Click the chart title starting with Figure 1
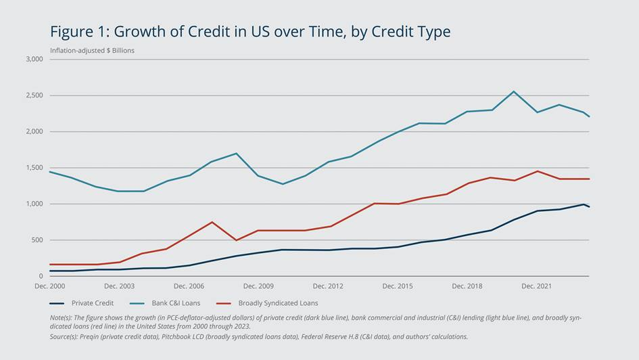(x=250, y=31)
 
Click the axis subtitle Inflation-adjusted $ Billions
(x=92, y=51)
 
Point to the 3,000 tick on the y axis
(x=34, y=60)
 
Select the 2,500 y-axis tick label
(x=34, y=95)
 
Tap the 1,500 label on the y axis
(x=34, y=168)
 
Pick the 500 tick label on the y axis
(x=37, y=240)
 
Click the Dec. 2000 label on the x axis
(x=49, y=286)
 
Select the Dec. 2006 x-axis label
(x=189, y=286)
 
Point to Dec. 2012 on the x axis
(x=328, y=286)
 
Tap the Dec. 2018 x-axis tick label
(x=467, y=286)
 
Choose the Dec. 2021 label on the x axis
(x=536, y=286)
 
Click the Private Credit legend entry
(x=93, y=303)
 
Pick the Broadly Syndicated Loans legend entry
(x=278, y=303)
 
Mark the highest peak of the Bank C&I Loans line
(x=513, y=91)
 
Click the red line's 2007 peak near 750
(x=212, y=222)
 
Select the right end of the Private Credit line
(x=589, y=206)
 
